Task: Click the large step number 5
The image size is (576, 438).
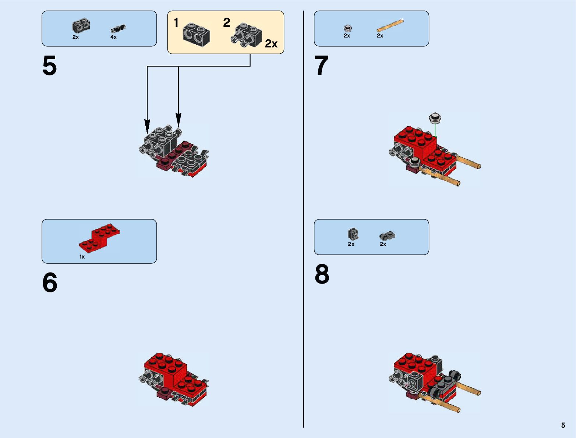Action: (x=50, y=66)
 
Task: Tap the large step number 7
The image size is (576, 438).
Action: (x=321, y=66)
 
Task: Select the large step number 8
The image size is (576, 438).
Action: (x=322, y=274)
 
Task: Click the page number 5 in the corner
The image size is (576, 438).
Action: (x=563, y=425)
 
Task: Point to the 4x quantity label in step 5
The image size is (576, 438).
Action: (x=114, y=37)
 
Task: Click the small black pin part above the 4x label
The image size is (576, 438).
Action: (x=118, y=28)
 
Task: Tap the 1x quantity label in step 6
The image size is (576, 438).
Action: (x=82, y=257)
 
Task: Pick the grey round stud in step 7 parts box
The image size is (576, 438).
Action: (x=347, y=28)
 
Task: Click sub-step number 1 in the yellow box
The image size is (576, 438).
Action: (x=176, y=23)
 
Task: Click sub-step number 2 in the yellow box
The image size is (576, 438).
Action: (x=227, y=23)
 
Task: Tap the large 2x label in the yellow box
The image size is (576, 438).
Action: (x=271, y=44)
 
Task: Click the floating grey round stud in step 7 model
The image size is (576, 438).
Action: (x=435, y=118)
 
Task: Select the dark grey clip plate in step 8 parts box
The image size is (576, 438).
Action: (x=387, y=236)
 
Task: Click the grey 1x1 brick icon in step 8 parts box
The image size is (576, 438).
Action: (x=353, y=234)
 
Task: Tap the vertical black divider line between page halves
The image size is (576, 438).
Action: (x=304, y=221)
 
